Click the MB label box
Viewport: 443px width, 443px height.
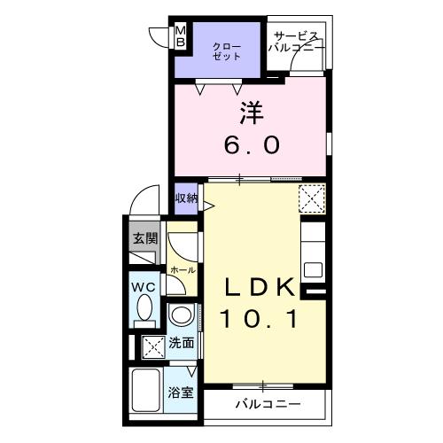click(x=181, y=36)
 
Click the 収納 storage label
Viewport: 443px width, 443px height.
click(x=185, y=198)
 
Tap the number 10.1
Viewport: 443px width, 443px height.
click(x=258, y=317)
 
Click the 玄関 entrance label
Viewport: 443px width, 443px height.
click(x=144, y=237)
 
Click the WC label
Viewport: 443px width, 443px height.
click(x=144, y=287)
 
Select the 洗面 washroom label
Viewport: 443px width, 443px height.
click(x=182, y=341)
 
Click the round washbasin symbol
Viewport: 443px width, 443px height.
click(x=182, y=316)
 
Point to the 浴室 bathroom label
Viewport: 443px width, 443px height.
click(x=182, y=392)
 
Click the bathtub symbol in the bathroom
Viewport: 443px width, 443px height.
click(x=146, y=388)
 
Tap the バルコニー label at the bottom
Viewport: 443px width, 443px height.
click(x=268, y=404)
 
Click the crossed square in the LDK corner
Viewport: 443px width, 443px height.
click(x=311, y=197)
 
